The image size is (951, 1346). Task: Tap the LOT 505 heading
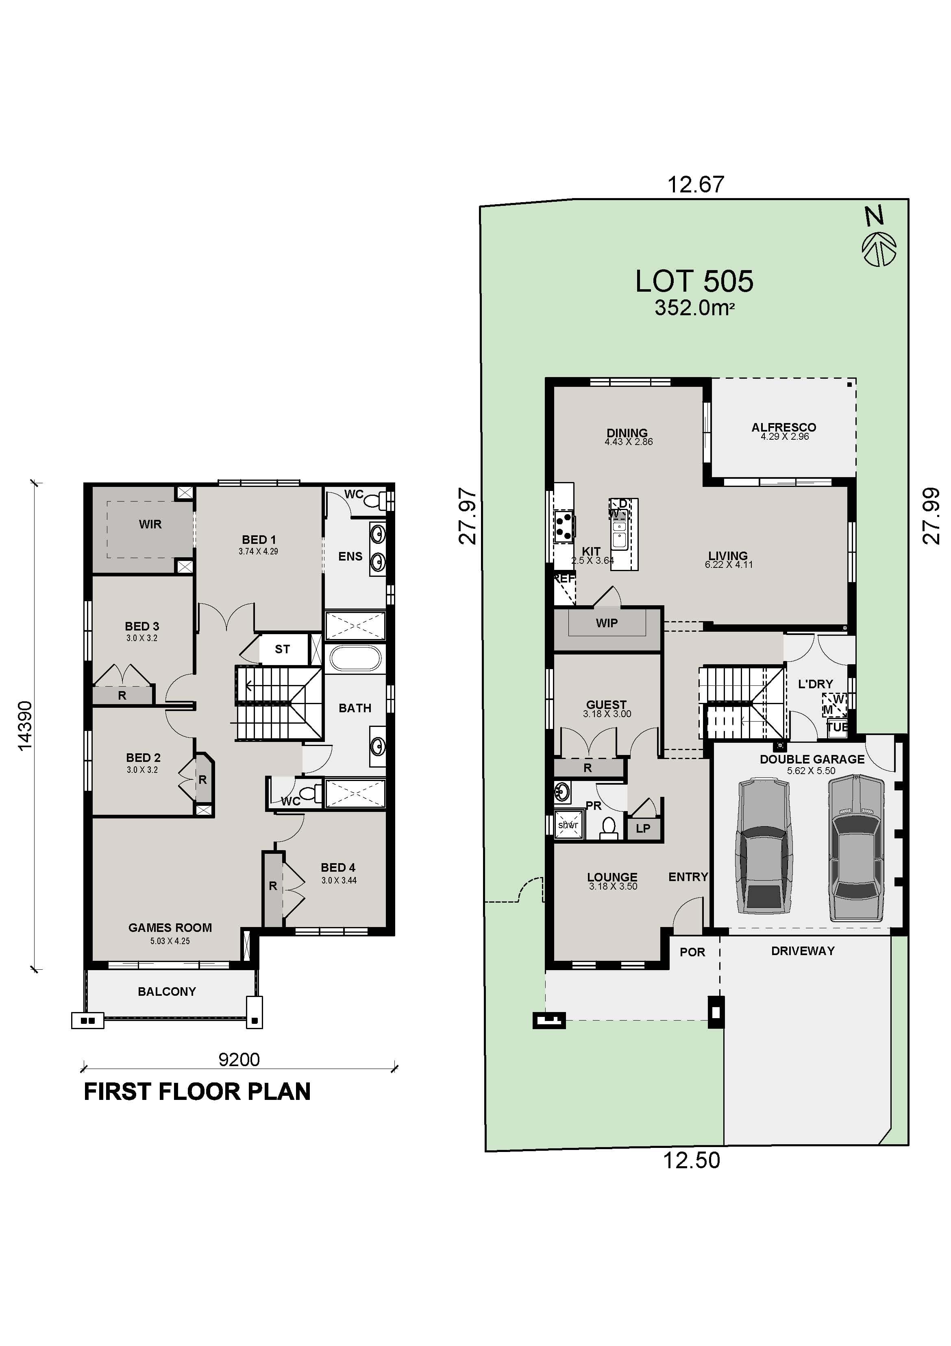[694, 281]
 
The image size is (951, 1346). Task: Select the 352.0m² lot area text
[694, 308]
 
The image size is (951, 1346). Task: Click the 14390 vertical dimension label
[25, 726]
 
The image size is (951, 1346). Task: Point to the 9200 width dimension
[239, 1059]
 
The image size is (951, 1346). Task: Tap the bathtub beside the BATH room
[355, 658]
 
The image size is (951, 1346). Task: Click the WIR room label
[150, 524]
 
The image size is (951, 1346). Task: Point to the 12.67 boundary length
[696, 185]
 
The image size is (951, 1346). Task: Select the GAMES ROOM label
[170, 927]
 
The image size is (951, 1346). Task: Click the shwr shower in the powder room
[568, 825]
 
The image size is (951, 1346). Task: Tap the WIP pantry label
[607, 623]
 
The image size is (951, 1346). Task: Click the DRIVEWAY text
[802, 951]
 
